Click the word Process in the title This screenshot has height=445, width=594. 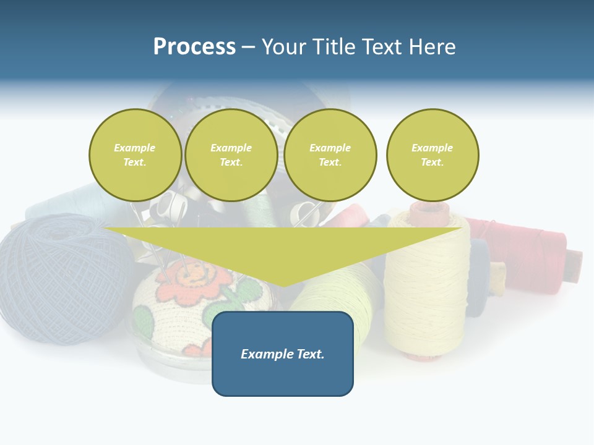pyautogui.click(x=194, y=47)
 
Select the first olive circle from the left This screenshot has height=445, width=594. pyautogui.click(x=135, y=155)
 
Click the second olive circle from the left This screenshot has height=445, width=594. pyautogui.click(x=231, y=155)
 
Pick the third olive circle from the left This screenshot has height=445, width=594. pyautogui.click(x=330, y=155)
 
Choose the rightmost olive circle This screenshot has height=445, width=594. pyautogui.click(x=432, y=155)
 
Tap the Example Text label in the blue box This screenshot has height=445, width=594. pyautogui.click(x=282, y=354)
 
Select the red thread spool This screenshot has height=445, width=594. pyautogui.click(x=526, y=253)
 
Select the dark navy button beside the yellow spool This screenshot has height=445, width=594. pyautogui.click(x=478, y=278)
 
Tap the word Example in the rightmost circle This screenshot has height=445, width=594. pyautogui.click(x=432, y=148)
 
